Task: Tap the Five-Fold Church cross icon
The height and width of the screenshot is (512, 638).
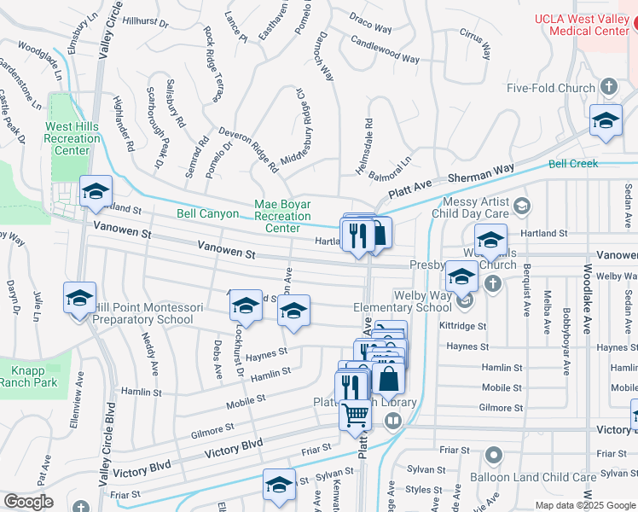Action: pos(608,87)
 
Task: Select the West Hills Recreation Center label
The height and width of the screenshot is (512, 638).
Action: pos(72,138)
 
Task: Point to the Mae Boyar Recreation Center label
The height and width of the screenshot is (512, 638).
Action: pos(282,216)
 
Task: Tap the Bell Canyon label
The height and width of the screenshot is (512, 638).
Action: pos(207,213)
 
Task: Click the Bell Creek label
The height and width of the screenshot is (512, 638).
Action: pos(572,163)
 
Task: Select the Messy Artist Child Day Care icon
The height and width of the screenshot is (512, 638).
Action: pos(525,205)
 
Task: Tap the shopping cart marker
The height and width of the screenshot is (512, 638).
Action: pos(356,416)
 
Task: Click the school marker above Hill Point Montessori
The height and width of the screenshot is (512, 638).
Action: pos(79,298)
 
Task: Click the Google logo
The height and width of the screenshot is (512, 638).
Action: pos(28,501)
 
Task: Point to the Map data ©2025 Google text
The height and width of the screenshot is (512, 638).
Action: pos(584,505)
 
